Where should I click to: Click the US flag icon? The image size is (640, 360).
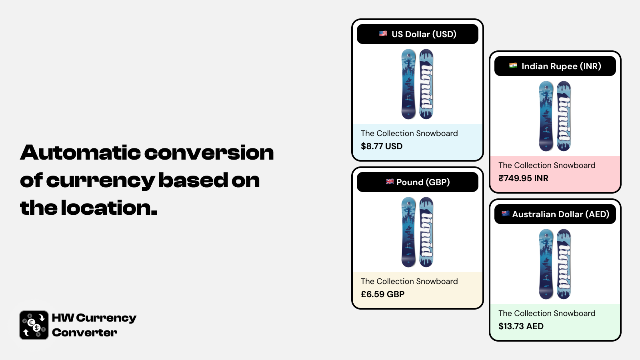pos(383,34)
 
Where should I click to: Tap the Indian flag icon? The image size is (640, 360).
pos(513,66)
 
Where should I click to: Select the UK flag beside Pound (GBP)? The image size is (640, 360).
pos(390,182)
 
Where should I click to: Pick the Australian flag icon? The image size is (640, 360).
pos(506,214)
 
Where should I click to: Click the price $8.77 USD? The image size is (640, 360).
pos(382,146)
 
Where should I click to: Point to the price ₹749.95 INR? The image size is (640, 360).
pos(524,178)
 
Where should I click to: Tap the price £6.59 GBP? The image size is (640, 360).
pos(382,294)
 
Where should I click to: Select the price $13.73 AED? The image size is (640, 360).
pos(521,326)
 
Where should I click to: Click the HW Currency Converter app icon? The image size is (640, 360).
pos(34,325)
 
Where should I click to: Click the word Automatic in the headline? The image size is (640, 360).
pos(80,152)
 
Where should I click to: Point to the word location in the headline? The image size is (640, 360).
pos(109,208)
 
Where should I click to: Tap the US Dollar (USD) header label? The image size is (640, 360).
pos(424,34)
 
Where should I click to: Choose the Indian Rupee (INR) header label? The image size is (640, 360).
pos(562,66)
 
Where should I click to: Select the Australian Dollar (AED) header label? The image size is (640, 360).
pos(560,214)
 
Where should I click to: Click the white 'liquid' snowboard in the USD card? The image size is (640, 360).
pos(426,84)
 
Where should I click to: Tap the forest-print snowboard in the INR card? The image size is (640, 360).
pos(546,116)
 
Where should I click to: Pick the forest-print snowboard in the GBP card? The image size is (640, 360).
pos(408,232)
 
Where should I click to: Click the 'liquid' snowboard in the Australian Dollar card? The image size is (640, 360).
pos(564,264)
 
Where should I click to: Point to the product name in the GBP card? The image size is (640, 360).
pos(409,282)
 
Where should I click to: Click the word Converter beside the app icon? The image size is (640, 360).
pos(84,332)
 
